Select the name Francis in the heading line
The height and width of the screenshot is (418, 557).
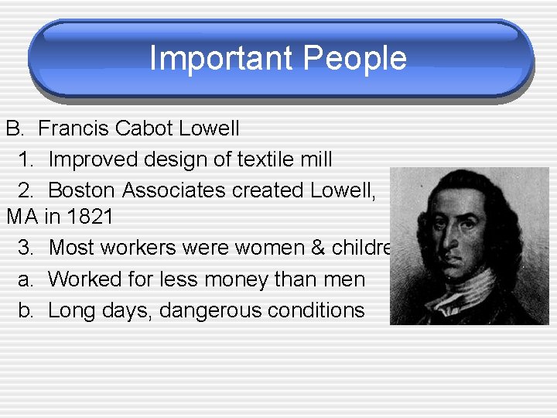point(73,128)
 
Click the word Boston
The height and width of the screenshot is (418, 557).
point(81,190)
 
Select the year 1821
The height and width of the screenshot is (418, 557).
point(90,218)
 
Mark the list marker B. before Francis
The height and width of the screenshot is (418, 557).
point(15,128)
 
